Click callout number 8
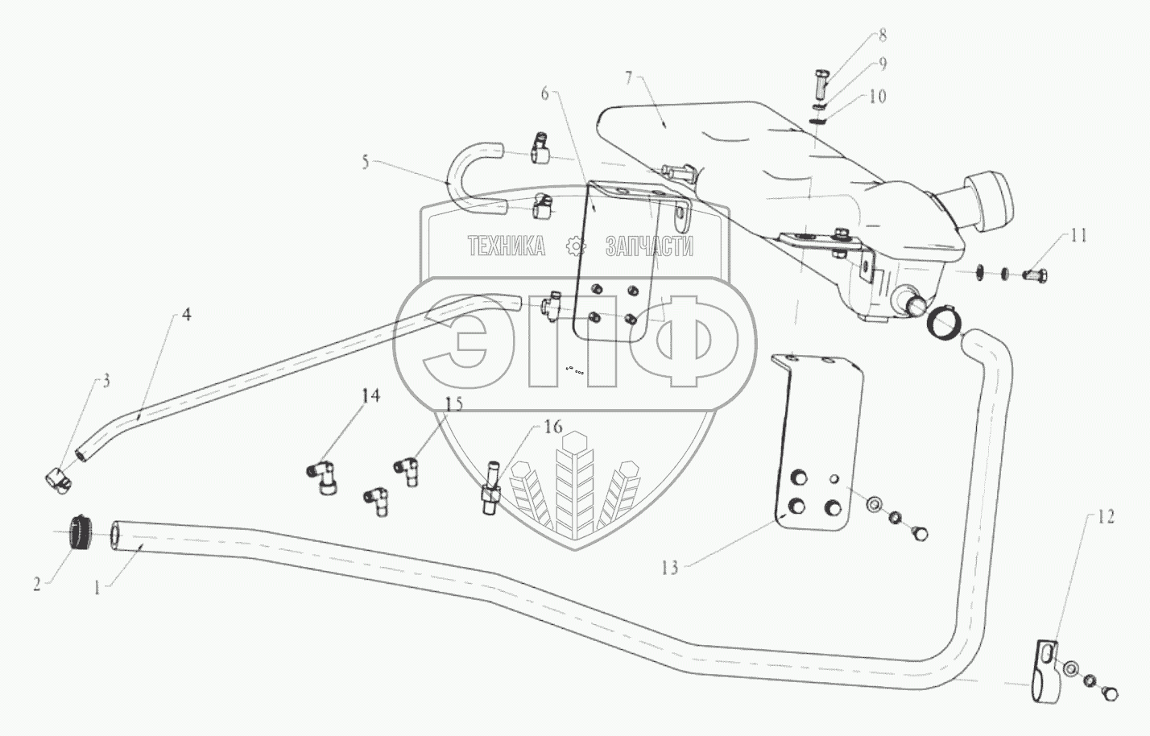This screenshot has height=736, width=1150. pyautogui.click(x=883, y=35)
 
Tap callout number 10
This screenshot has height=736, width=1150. pyautogui.click(x=877, y=96)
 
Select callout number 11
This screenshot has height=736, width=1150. pyautogui.click(x=1078, y=235)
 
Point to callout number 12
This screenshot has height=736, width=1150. pyautogui.click(x=1107, y=517)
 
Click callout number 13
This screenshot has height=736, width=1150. pyautogui.click(x=670, y=568)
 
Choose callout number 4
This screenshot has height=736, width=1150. pyautogui.click(x=186, y=315)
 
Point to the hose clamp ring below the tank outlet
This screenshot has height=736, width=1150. pyautogui.click(x=941, y=324)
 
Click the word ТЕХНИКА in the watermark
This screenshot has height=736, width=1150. pyautogui.click(x=506, y=246)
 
